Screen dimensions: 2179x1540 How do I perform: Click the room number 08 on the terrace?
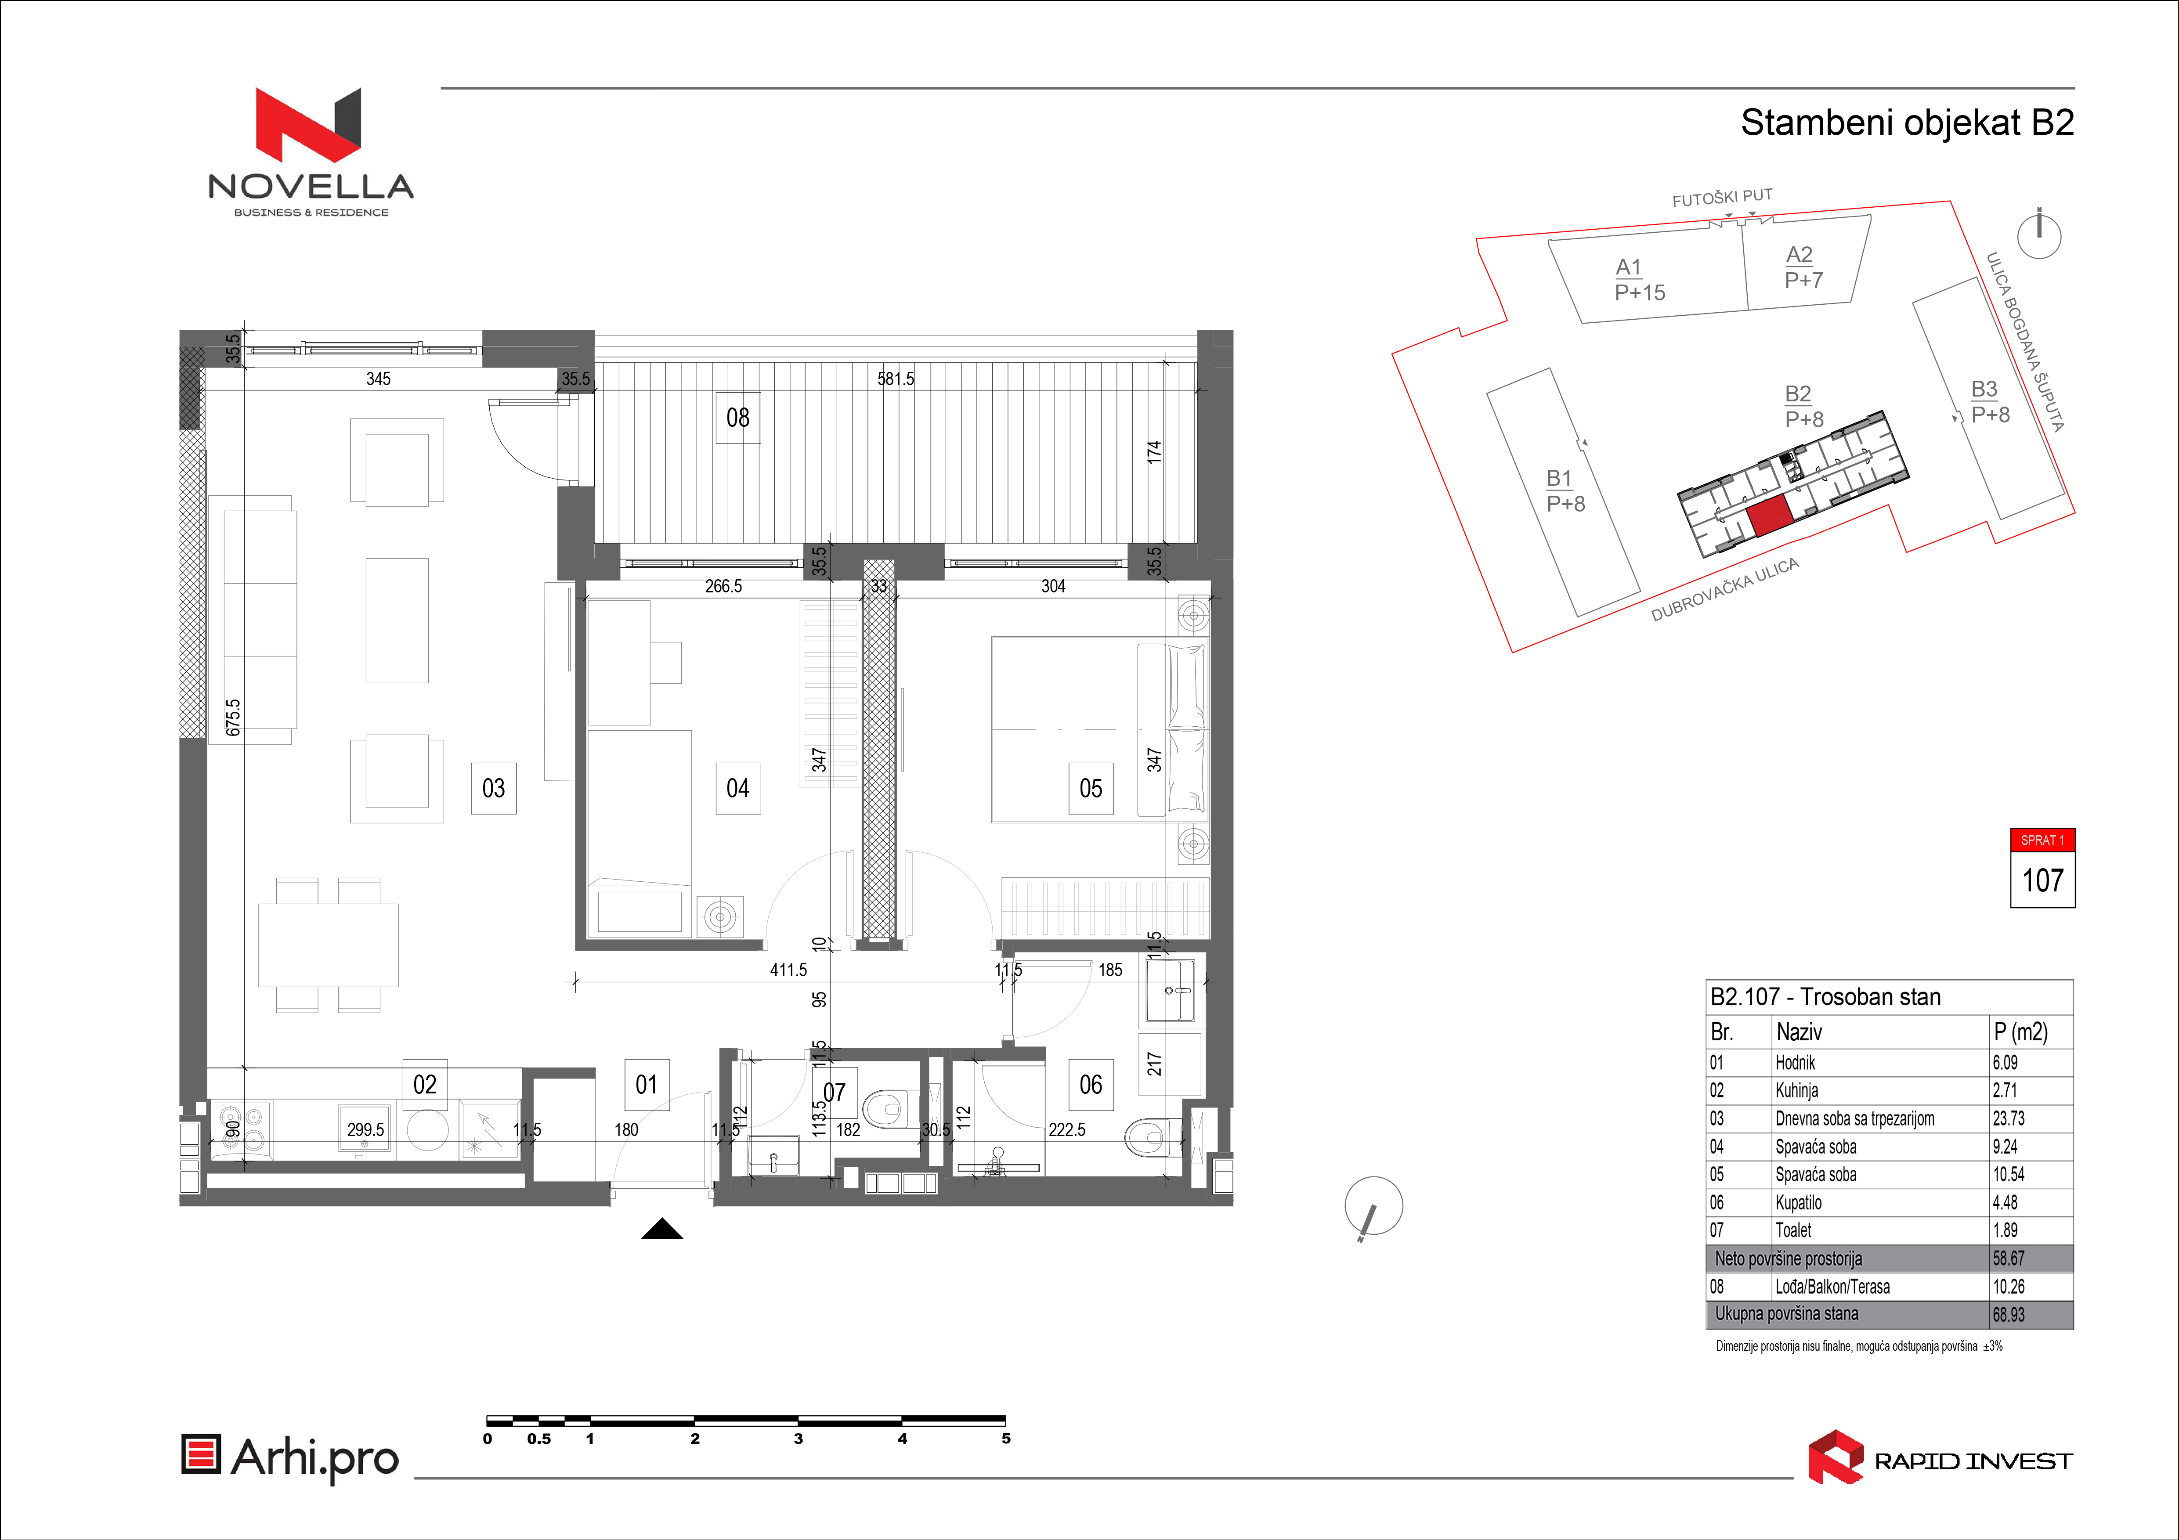[737, 418]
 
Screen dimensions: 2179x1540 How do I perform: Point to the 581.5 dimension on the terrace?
[896, 379]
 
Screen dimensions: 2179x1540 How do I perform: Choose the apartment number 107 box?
[2042, 880]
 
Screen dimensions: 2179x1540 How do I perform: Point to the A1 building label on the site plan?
[1629, 267]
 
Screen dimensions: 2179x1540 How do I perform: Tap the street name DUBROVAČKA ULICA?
[1725, 589]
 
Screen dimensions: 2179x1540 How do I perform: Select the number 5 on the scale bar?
[1006, 1439]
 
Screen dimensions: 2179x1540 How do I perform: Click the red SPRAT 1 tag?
[2042, 840]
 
